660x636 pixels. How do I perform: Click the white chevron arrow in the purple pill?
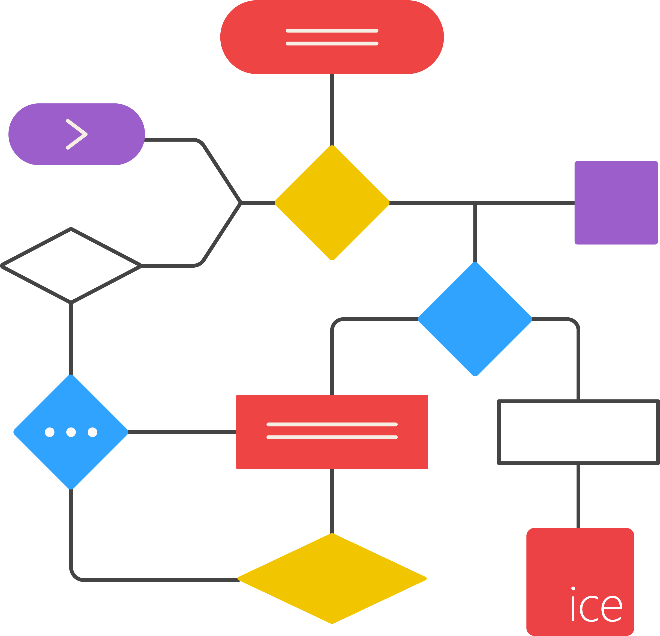pos(77,134)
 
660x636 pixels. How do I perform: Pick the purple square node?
pos(616,203)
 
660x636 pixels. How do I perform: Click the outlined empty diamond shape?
pos(71,266)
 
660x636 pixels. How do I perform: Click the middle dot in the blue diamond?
pos(71,432)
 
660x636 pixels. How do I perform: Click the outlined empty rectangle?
pos(578,432)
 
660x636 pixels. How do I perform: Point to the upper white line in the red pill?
pos(332,31)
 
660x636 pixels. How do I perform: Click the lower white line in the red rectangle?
pos(332,437)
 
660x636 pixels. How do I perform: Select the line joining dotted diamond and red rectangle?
pos(182,432)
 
